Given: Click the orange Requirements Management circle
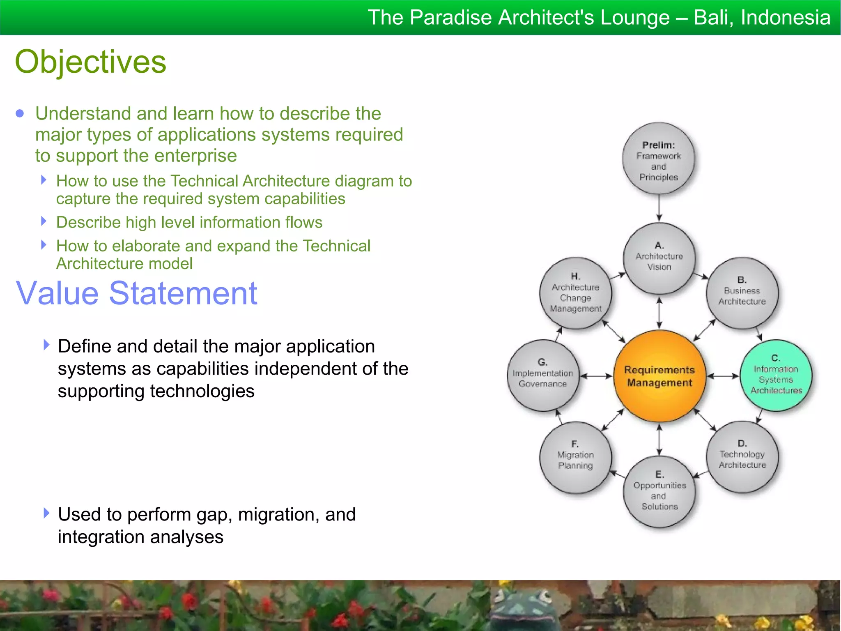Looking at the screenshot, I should coord(659,376).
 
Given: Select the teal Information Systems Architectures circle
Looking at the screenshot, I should coord(776,375).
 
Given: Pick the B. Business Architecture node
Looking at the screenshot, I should coord(742,293).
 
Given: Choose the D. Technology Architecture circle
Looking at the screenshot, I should coord(742,456).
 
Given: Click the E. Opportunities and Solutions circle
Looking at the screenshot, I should coord(659,491).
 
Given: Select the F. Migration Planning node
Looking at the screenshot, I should coord(575,457).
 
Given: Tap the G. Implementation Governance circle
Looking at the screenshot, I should coord(542,375).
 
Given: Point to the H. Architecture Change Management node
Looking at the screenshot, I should coord(575,293).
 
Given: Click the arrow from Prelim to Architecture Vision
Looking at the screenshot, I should coord(659,208).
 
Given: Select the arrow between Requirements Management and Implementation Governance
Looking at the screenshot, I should coord(596,376).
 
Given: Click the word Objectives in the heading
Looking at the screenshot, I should coord(90,62).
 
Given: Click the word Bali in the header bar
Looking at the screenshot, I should coord(713,18).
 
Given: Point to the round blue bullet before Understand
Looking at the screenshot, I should coord(20,113).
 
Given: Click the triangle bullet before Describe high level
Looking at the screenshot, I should coord(44,221).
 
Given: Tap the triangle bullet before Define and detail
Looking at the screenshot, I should coord(46,345).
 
